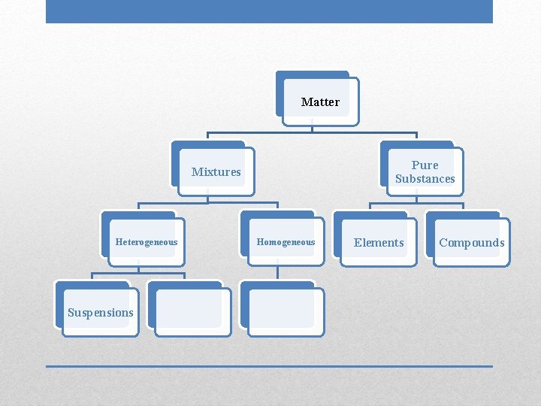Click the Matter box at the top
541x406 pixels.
[321, 101]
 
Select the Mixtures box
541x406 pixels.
[216, 171]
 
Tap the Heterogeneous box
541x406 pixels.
[147, 242]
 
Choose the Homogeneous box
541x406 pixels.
[286, 242]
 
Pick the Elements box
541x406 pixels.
[379, 242]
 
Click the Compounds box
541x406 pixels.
[472, 242]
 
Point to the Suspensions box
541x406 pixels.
[101, 313]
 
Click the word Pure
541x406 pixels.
[425, 165]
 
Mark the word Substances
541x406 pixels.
[425, 179]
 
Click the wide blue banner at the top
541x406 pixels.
[269, 11]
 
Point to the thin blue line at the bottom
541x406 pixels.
[269, 366]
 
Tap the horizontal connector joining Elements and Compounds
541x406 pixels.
[416, 203]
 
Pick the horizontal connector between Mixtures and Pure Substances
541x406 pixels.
[313, 135]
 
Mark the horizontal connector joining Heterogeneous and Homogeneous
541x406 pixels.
[208, 203]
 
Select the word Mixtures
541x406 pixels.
[216, 171]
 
